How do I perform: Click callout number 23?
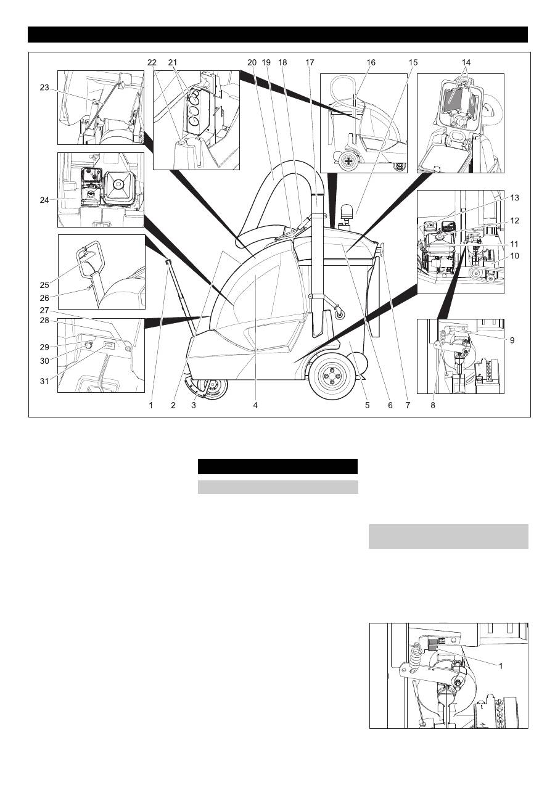pyautogui.click(x=44, y=88)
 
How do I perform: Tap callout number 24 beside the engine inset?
pyautogui.click(x=44, y=200)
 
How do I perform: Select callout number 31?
pyautogui.click(x=44, y=380)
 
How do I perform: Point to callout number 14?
pyautogui.click(x=466, y=62)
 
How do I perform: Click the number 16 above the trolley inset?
pyautogui.click(x=371, y=62)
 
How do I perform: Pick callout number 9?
pyautogui.click(x=512, y=340)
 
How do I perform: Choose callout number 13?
pyautogui.click(x=514, y=198)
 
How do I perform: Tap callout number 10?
pyautogui.click(x=514, y=256)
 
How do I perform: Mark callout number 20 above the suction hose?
pyautogui.click(x=252, y=62)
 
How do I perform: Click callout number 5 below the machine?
pyautogui.click(x=367, y=405)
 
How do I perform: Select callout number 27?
pyautogui.click(x=44, y=311)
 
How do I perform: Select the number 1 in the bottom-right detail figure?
pyautogui.click(x=501, y=665)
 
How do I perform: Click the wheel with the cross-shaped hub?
pyautogui.click(x=349, y=161)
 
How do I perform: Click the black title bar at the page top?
pyautogui.click(x=277, y=35)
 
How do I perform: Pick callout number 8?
pyautogui.click(x=433, y=405)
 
